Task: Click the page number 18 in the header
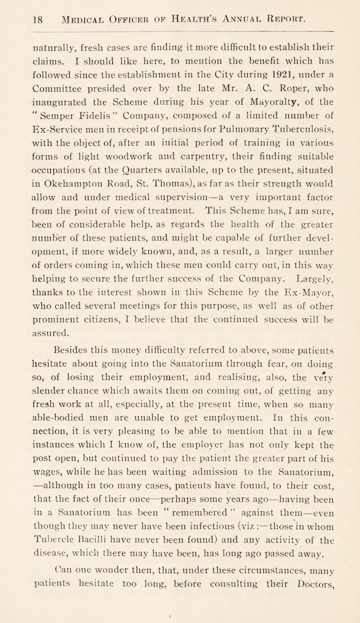pos(18,18)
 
